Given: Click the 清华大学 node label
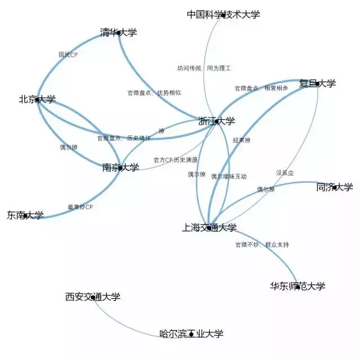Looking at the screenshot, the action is point(118,33).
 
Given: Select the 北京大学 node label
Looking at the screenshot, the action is point(37,100).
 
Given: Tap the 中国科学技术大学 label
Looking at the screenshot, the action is point(223,15).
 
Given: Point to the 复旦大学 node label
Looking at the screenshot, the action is point(317,84).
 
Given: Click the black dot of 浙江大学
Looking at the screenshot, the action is point(217,121).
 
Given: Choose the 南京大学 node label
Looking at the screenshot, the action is point(120,167).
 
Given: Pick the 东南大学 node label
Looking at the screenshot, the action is point(25,215).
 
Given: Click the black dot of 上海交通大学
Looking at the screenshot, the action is point(209,228).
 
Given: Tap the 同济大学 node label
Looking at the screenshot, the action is point(335,187).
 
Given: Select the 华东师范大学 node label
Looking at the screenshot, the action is point(298,286).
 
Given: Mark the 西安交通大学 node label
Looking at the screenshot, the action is point(93,296).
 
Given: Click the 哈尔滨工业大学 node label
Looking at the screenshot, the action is point(191,334).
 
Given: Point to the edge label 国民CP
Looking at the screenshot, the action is point(68,55).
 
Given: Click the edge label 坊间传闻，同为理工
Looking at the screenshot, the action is point(204,68).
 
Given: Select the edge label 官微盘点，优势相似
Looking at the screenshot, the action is point(154,92).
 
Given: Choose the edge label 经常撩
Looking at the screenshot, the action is point(241,140).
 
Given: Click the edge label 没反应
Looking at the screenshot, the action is point(285,172).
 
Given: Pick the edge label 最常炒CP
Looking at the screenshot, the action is point(80,207).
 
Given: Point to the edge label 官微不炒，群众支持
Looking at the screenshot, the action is point(262,245).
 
